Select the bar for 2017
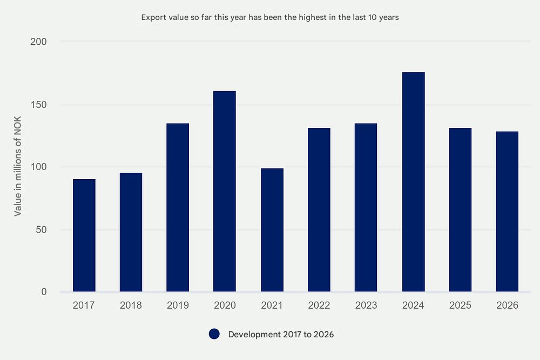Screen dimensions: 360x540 tap(84, 235)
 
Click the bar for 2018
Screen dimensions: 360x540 tap(131, 232)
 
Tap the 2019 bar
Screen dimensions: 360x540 tap(178, 208)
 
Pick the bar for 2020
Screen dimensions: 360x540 tap(225, 192)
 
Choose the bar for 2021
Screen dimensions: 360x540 tap(272, 230)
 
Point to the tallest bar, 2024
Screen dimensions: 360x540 tap(413, 182)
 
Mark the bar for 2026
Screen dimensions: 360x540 tap(507, 212)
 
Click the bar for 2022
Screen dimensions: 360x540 tap(319, 210)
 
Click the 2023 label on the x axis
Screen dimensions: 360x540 tap(366, 305)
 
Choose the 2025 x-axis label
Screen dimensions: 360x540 tap(460, 305)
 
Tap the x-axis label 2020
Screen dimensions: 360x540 tap(225, 305)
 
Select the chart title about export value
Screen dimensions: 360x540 tap(270, 17)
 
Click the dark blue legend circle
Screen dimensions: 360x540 tap(214, 334)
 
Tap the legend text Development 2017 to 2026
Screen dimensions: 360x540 tap(281, 335)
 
